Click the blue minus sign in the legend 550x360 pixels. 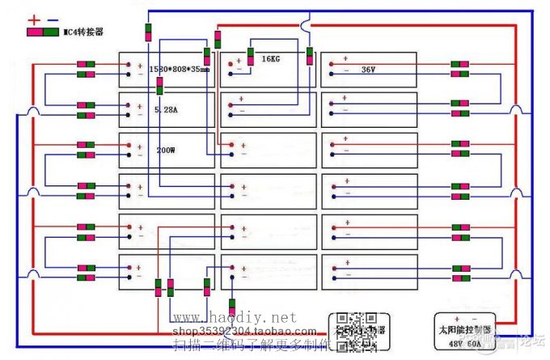(53, 19)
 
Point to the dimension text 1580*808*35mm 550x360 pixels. (179, 70)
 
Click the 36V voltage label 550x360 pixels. (369, 70)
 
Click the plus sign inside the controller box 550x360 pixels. (457, 319)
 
